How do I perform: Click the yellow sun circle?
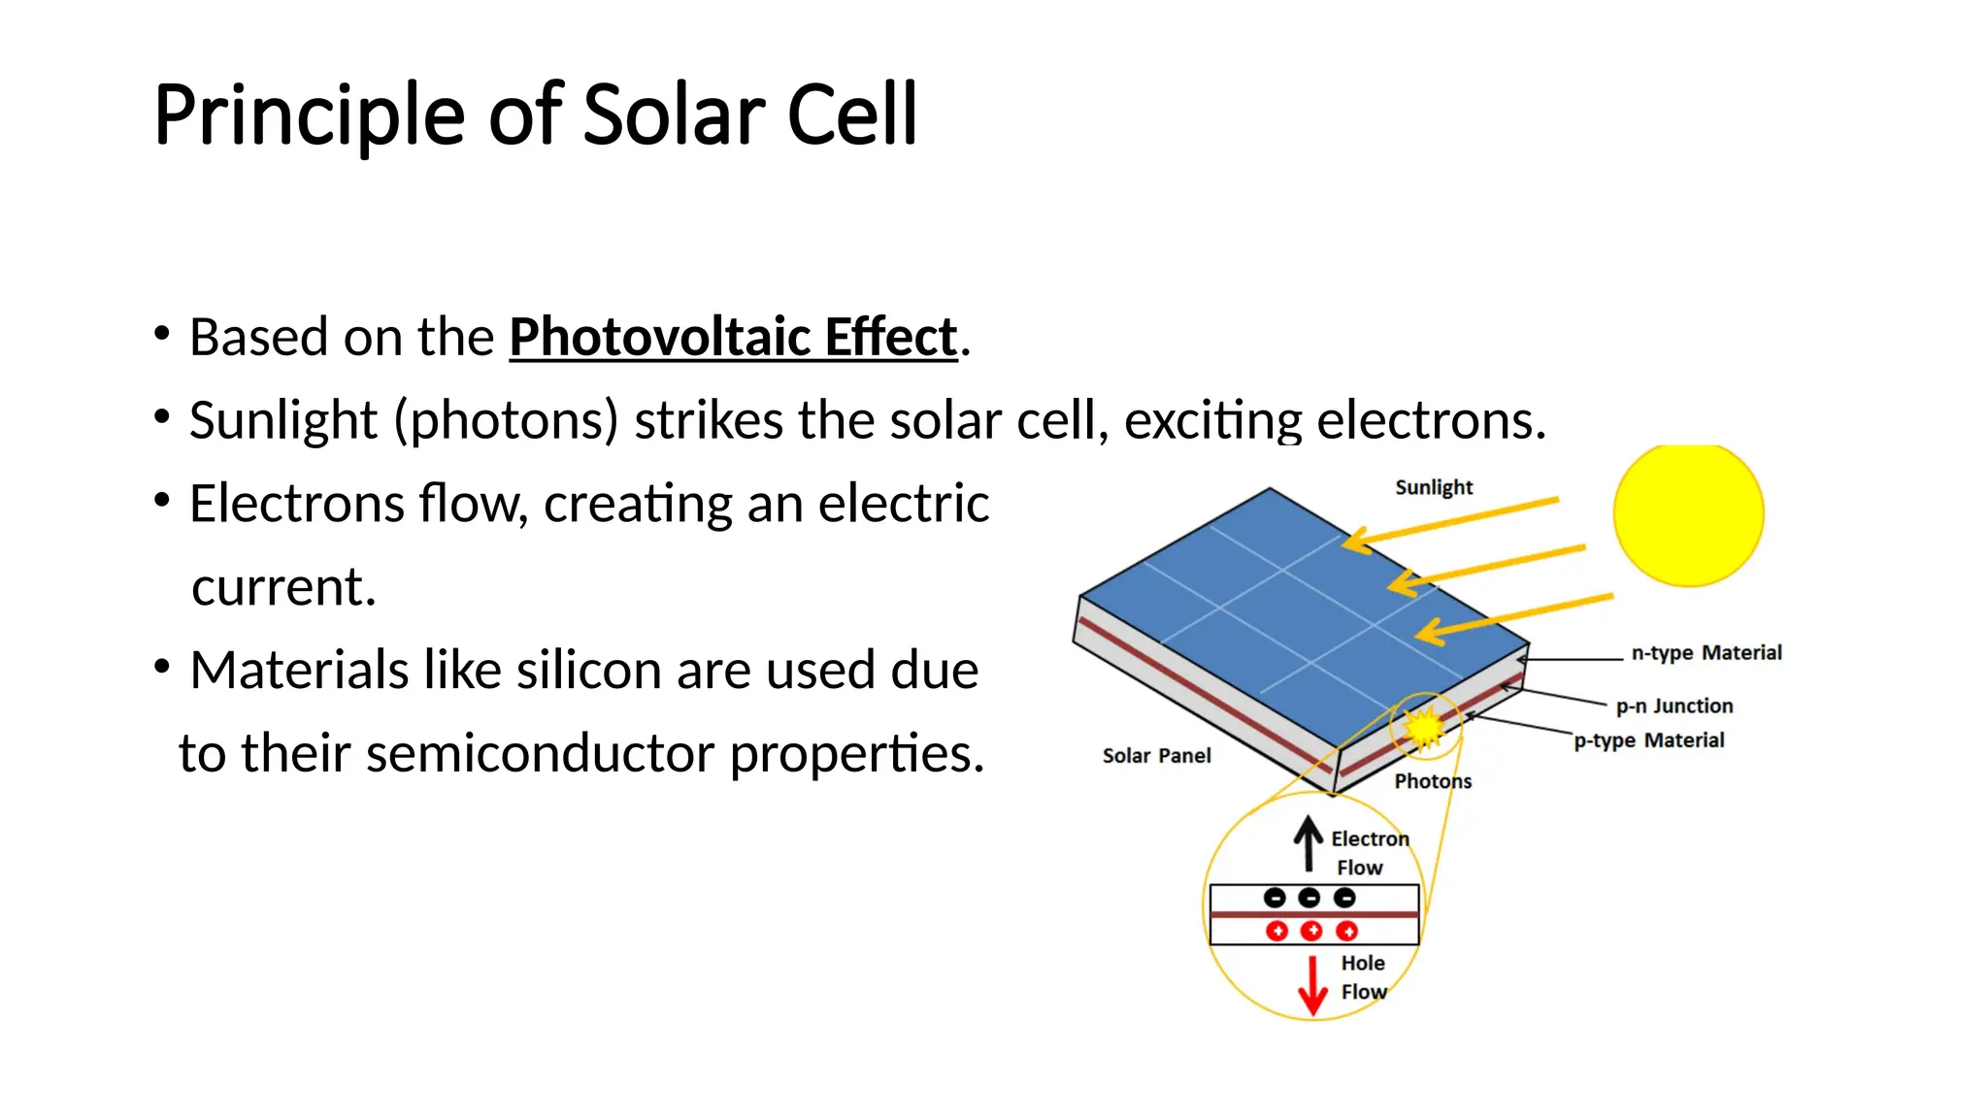[1688, 515]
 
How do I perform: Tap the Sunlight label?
[1434, 487]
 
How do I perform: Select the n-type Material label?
[1706, 653]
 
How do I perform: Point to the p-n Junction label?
[1674, 707]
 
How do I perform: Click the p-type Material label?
[1649, 740]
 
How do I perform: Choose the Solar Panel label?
[1156, 756]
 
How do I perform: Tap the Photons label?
[1433, 781]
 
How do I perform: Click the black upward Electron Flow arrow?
[1309, 842]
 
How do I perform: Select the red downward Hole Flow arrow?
[1312, 986]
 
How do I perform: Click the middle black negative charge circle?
[1309, 898]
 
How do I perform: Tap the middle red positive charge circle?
[1311, 932]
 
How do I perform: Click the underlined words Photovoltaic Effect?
[733, 338]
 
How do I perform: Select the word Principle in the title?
[309, 115]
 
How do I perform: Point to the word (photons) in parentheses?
[506, 421]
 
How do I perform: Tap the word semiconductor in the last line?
[540, 754]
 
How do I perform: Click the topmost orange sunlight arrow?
[1451, 520]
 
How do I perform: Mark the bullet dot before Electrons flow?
[162, 501]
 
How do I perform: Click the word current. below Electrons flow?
[283, 587]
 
